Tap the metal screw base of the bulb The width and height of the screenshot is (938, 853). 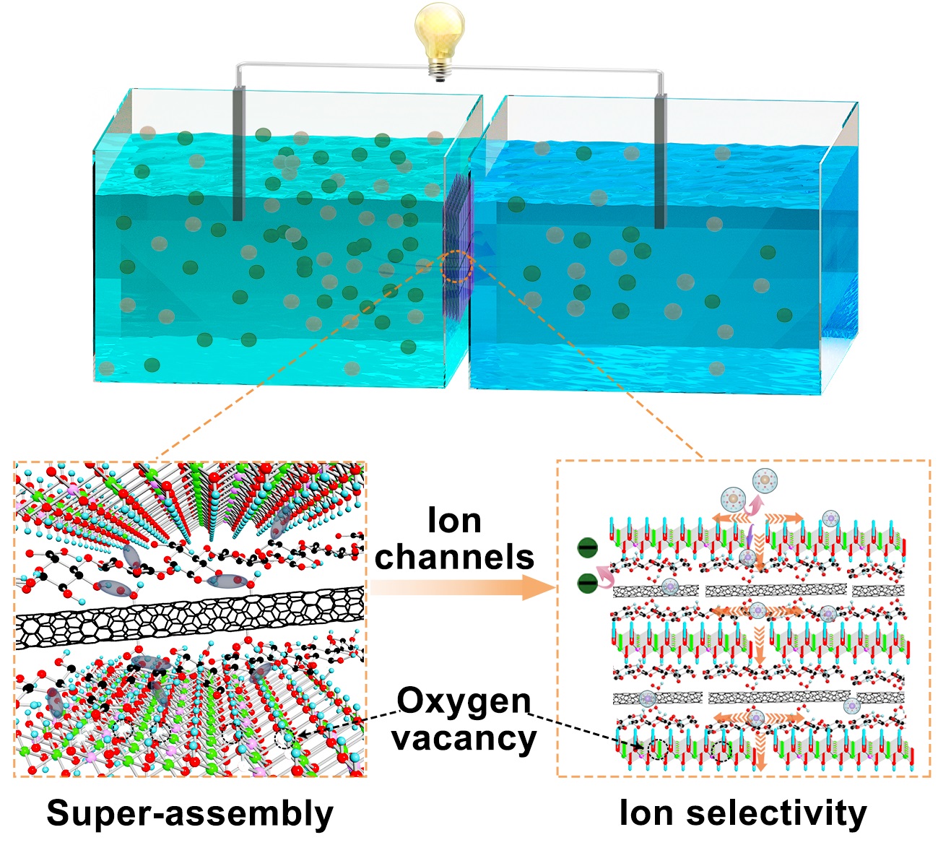tap(438, 70)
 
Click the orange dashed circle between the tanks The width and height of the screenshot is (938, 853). tap(456, 267)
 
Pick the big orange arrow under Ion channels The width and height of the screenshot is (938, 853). tap(462, 589)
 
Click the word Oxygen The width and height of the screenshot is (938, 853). tap(464, 701)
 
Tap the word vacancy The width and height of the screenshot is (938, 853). tap(464, 738)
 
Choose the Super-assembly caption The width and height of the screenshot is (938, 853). tap(190, 813)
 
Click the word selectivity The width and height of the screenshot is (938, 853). tap(776, 813)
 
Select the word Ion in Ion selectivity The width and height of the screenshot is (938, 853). tap(645, 813)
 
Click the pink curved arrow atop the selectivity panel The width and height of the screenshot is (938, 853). tap(755, 504)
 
